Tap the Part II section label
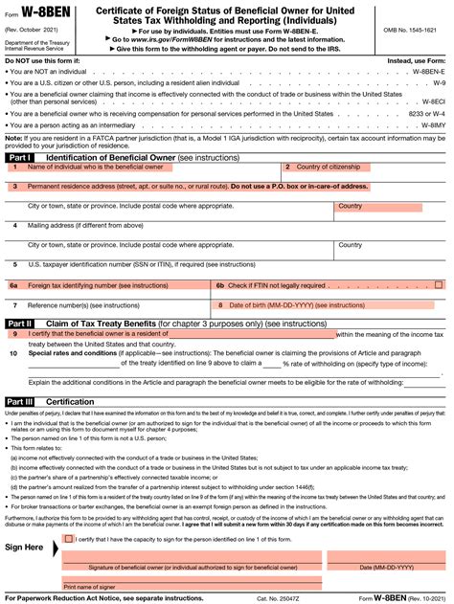tap(21, 324)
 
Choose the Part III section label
tap(21, 402)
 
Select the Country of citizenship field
tap(364, 167)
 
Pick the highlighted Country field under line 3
tap(389, 206)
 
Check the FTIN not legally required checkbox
tap(439, 284)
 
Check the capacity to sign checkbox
tap(68, 539)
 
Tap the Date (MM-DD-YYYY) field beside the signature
tap(386, 556)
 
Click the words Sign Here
tap(25, 548)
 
